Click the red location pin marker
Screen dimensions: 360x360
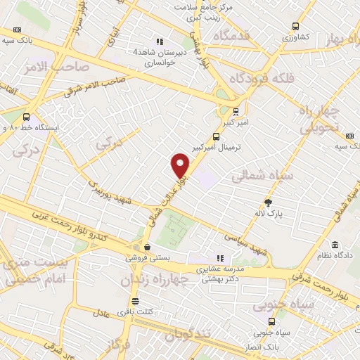[x=181, y=166]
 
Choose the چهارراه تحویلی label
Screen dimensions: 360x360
[x=320, y=120]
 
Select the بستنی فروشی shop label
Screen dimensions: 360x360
[x=146, y=258]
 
